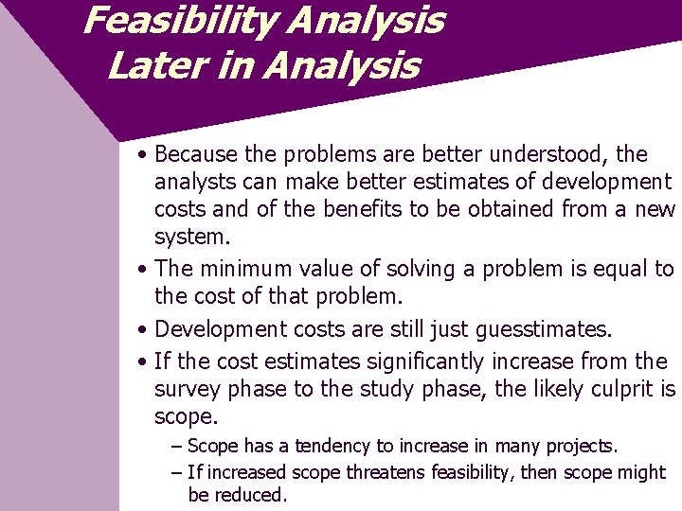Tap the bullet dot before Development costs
pos(140,330)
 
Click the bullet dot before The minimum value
pos(140,271)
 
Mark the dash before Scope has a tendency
pos(177,446)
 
